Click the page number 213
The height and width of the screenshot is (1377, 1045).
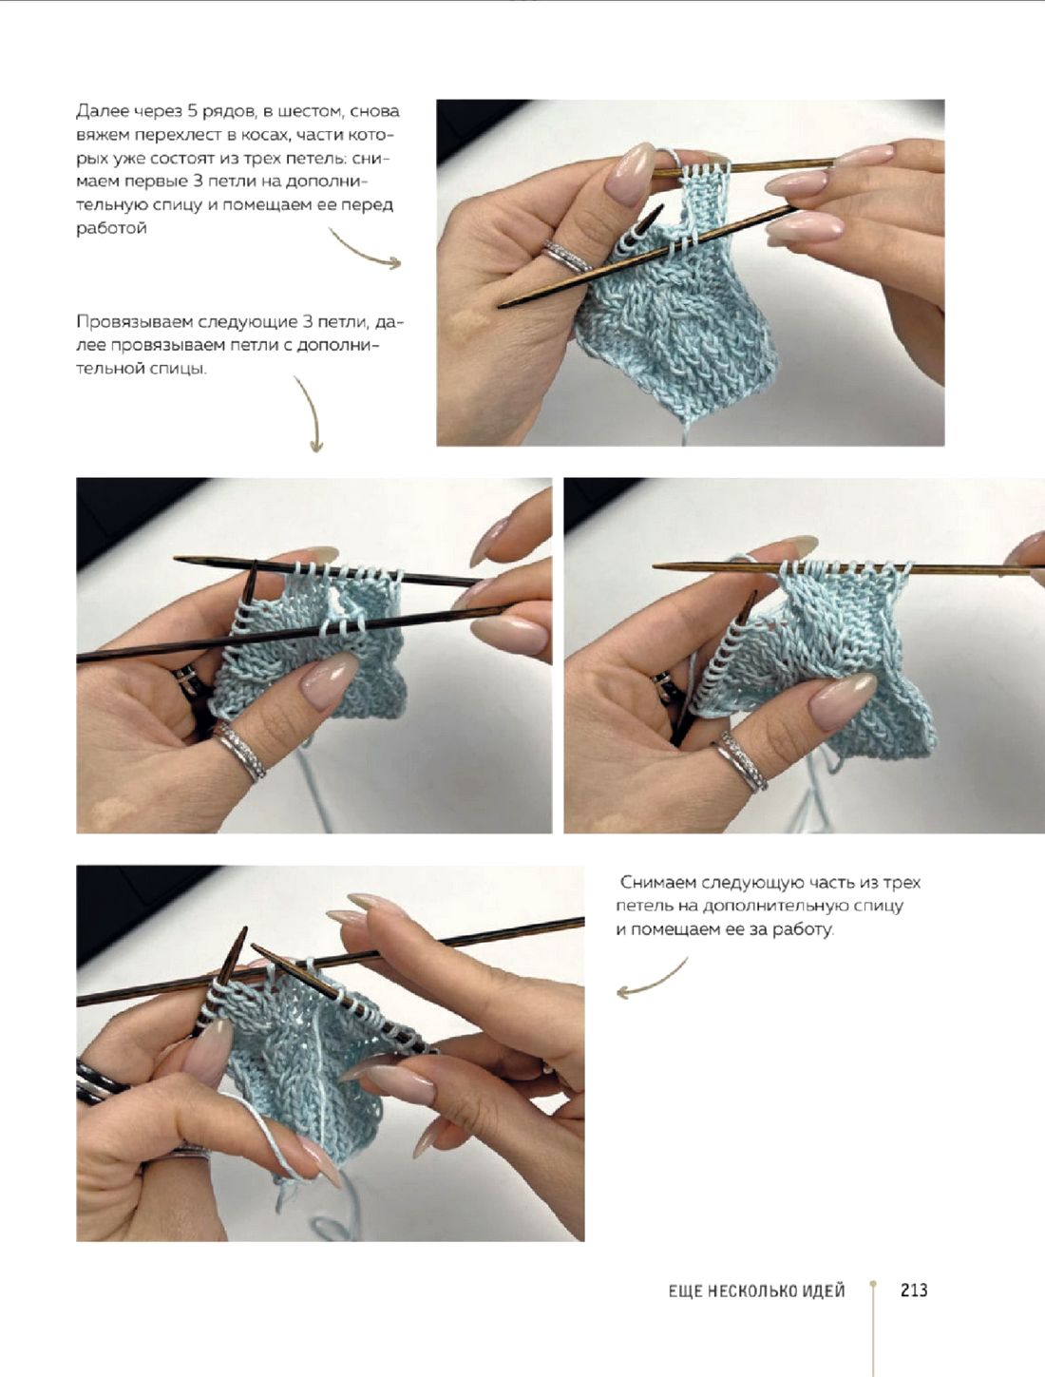click(x=914, y=1290)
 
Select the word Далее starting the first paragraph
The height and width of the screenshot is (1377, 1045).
click(x=97, y=112)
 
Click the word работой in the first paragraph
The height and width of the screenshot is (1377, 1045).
click(x=111, y=229)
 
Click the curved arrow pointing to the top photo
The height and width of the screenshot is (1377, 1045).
click(x=364, y=251)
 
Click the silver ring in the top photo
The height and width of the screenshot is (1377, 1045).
click(x=565, y=257)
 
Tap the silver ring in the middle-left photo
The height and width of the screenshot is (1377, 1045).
click(x=240, y=751)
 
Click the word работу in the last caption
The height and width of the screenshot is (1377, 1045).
click(x=803, y=929)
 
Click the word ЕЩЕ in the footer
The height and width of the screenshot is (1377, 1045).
click(x=684, y=1291)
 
